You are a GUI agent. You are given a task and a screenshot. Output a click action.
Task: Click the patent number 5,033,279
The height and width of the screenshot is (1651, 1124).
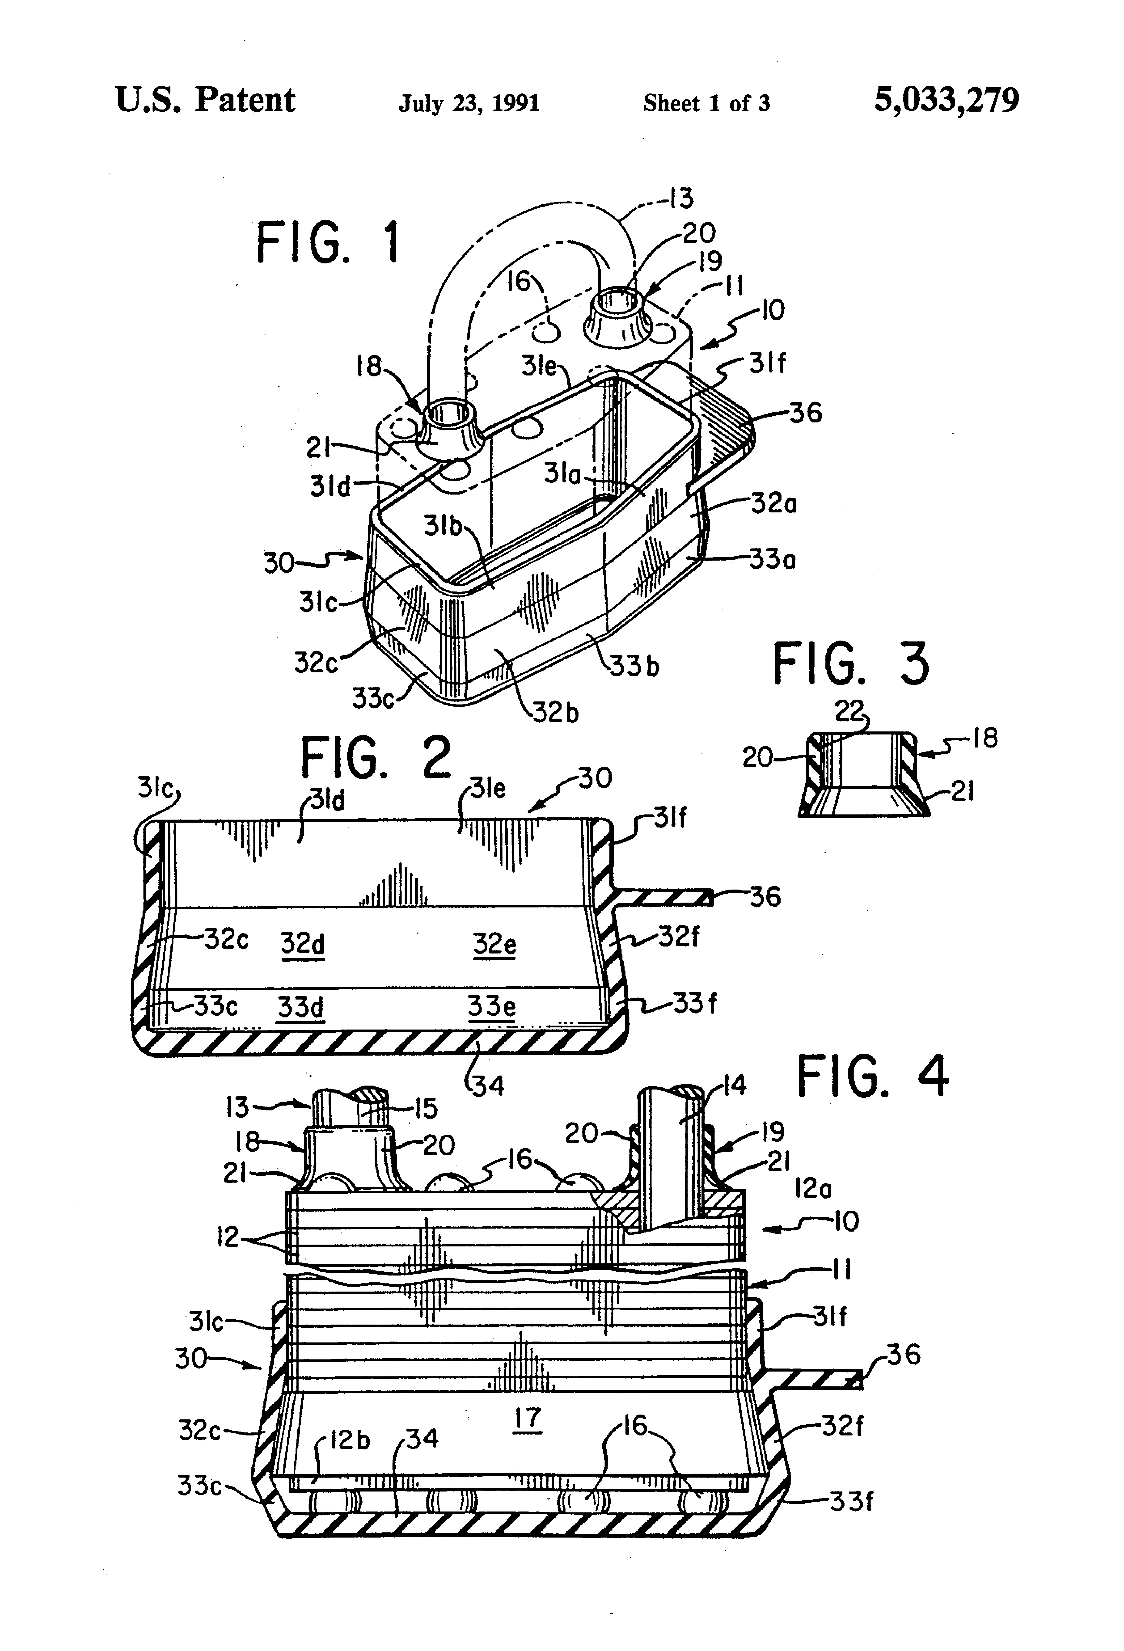click(946, 101)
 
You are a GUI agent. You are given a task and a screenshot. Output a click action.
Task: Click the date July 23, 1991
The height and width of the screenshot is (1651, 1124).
click(469, 104)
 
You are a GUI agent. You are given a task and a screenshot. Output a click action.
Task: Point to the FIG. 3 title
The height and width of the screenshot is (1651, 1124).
click(851, 664)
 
